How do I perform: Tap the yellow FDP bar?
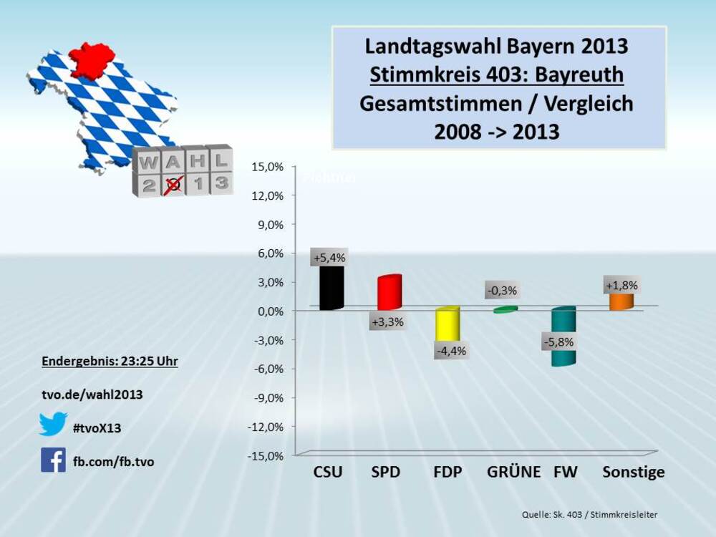point(447,326)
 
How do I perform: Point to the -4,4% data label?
point(451,351)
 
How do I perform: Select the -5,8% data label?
point(558,342)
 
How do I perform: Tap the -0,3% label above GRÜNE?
point(501,291)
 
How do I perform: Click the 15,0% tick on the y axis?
point(268,166)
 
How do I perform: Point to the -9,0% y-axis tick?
point(268,397)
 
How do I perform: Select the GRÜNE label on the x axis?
point(513,473)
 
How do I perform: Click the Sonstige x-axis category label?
point(634,473)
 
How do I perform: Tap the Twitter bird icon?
point(53,424)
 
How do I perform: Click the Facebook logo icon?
point(53,460)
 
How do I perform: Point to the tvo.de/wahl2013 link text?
point(91,395)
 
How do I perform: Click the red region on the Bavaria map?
point(92,59)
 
